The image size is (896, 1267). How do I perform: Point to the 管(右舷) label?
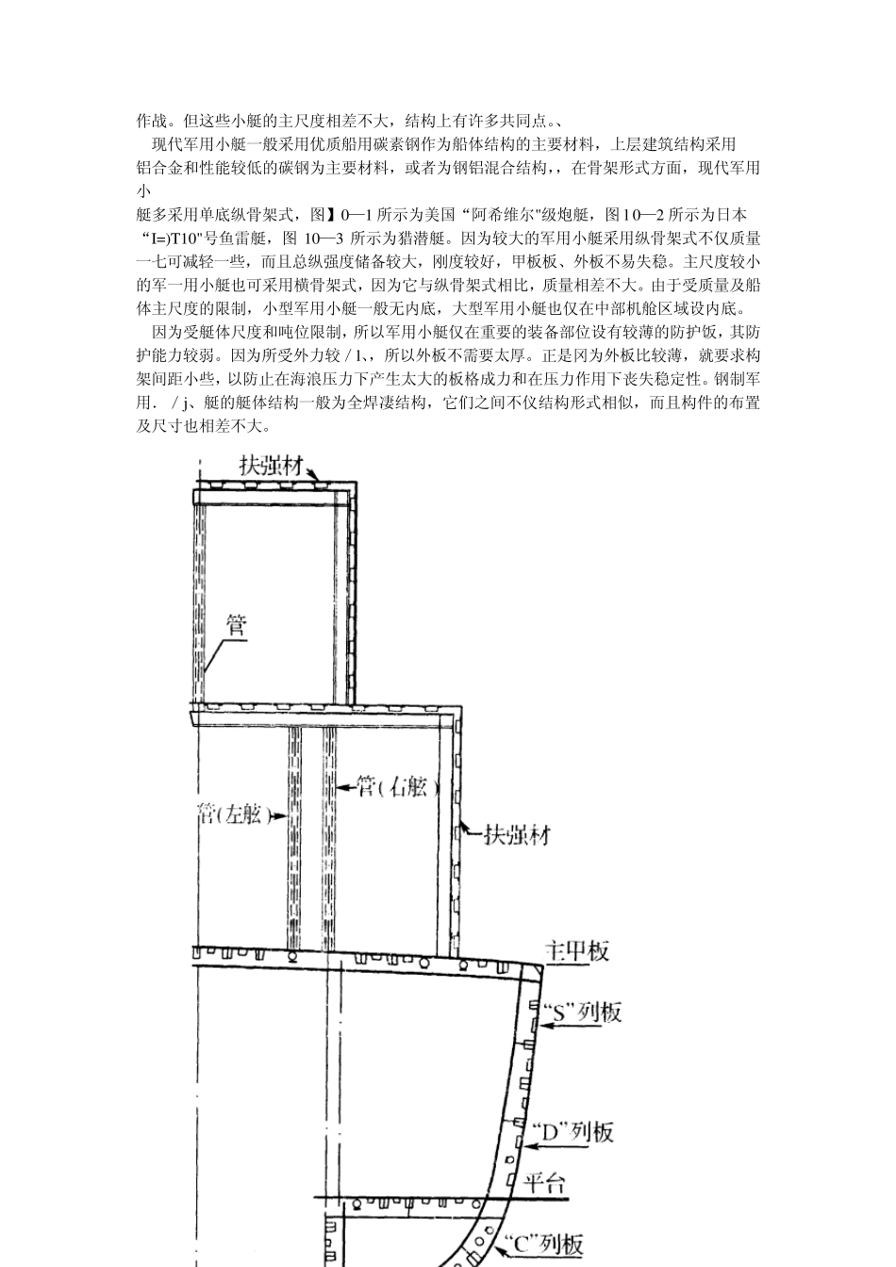pyautogui.click(x=399, y=787)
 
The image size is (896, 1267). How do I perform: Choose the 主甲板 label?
pyautogui.click(x=578, y=950)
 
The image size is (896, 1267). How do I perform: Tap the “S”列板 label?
pyautogui.click(x=583, y=1012)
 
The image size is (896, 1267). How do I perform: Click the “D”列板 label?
pyautogui.click(x=573, y=1131)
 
